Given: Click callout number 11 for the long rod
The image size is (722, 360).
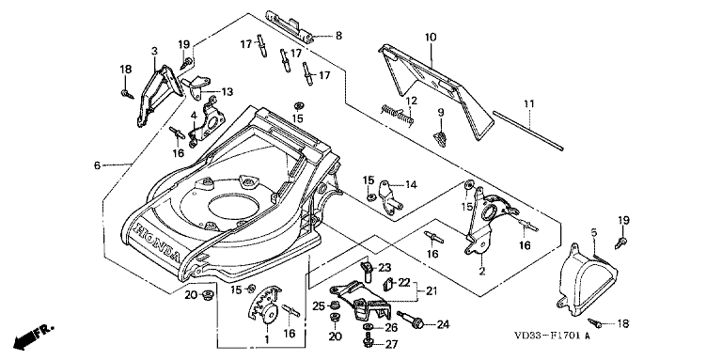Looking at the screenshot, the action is (529, 104).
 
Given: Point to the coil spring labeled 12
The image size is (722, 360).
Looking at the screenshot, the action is (398, 115).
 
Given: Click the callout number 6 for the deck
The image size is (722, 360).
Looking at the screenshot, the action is (97, 165).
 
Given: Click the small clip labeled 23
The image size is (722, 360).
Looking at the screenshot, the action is (367, 270).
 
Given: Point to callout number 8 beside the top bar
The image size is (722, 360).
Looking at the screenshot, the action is (338, 36).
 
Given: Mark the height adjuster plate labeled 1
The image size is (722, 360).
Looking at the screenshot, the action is (265, 306).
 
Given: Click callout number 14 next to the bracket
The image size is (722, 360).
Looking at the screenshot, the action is (411, 185).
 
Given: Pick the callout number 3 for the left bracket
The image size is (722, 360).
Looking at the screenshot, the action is (154, 51).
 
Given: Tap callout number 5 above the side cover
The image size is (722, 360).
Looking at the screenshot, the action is (594, 233).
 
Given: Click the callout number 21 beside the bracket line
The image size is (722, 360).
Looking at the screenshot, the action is (431, 291).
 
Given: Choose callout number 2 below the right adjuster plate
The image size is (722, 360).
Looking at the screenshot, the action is (482, 271).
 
